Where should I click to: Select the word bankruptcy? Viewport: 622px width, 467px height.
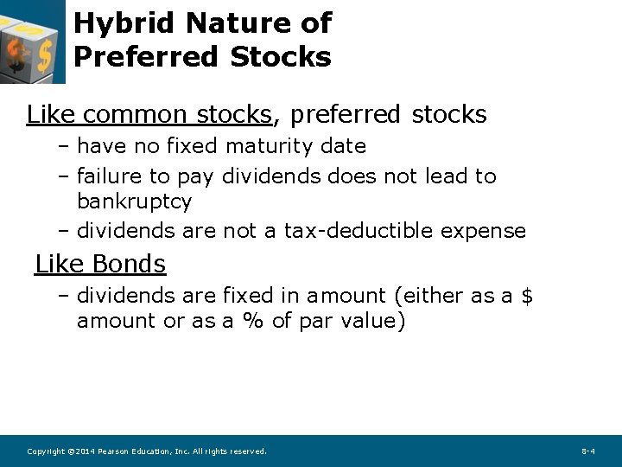point(134,202)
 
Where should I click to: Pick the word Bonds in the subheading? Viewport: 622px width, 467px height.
point(129,263)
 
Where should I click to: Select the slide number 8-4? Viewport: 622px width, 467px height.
point(587,451)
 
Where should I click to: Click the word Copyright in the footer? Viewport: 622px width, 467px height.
point(45,451)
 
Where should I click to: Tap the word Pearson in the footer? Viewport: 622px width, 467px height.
point(114,451)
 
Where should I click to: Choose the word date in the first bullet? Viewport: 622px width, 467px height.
point(343,146)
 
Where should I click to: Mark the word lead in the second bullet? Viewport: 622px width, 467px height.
point(444,176)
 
